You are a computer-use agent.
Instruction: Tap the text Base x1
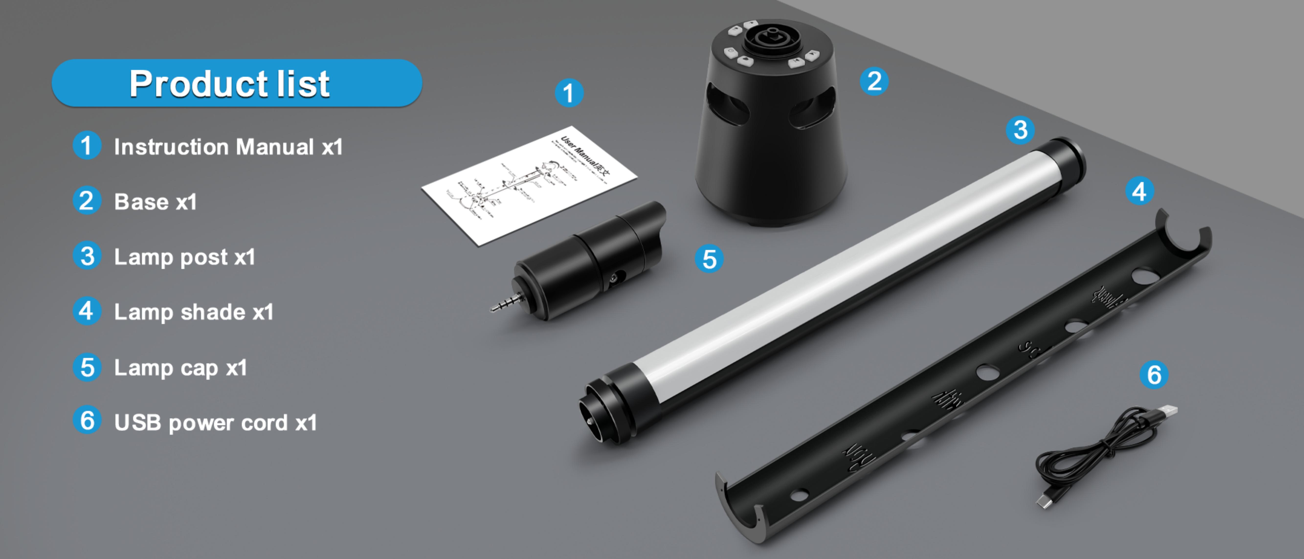(x=156, y=202)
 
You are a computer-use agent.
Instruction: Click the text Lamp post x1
(x=185, y=257)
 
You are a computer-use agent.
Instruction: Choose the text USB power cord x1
(x=216, y=423)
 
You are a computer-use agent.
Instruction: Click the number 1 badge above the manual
(x=569, y=93)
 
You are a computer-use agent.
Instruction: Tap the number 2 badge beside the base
(x=874, y=81)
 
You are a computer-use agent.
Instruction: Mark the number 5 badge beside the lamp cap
(x=709, y=259)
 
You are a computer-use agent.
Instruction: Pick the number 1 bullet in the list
(x=87, y=146)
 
